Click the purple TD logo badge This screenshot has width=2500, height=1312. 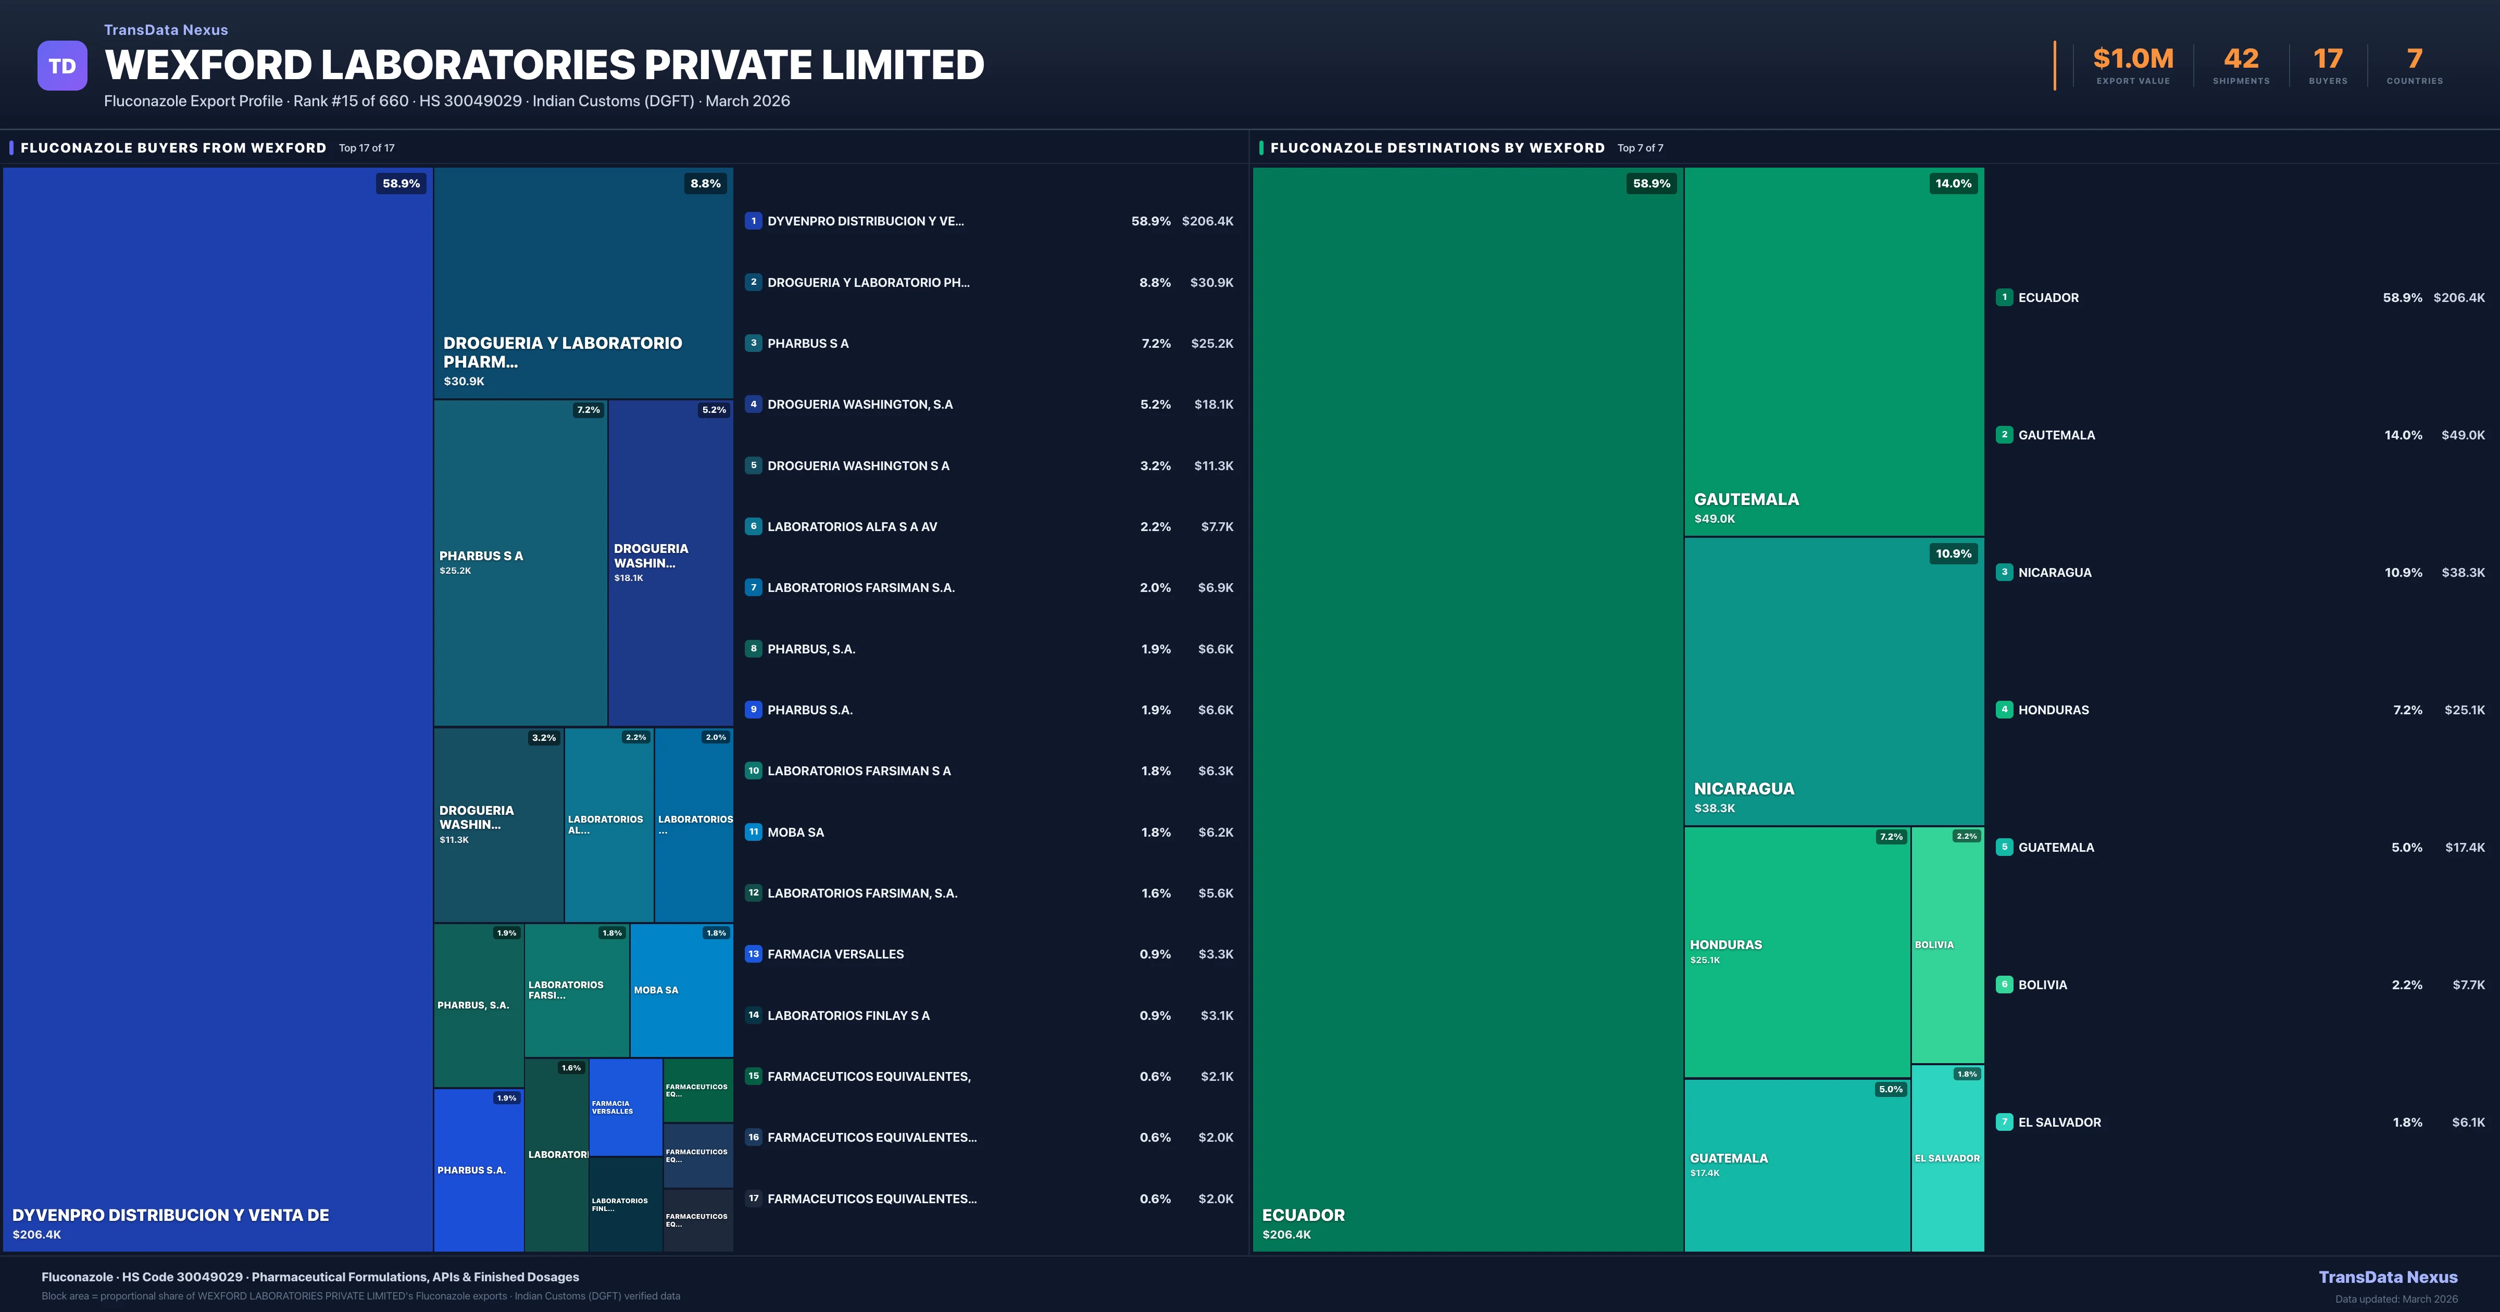(62, 66)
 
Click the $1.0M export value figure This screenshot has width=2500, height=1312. (2132, 59)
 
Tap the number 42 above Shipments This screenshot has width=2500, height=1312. (2241, 59)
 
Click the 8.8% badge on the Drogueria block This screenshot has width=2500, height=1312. (706, 183)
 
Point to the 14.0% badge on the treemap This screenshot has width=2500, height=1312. (1953, 183)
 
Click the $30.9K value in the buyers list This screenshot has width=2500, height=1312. (1211, 282)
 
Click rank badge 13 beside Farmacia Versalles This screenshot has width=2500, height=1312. (753, 954)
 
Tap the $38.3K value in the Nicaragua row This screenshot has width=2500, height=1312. (2462, 573)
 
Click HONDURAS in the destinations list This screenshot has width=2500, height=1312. (2054, 710)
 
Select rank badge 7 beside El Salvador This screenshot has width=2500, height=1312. (2004, 1122)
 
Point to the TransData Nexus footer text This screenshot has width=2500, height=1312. (2387, 1277)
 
